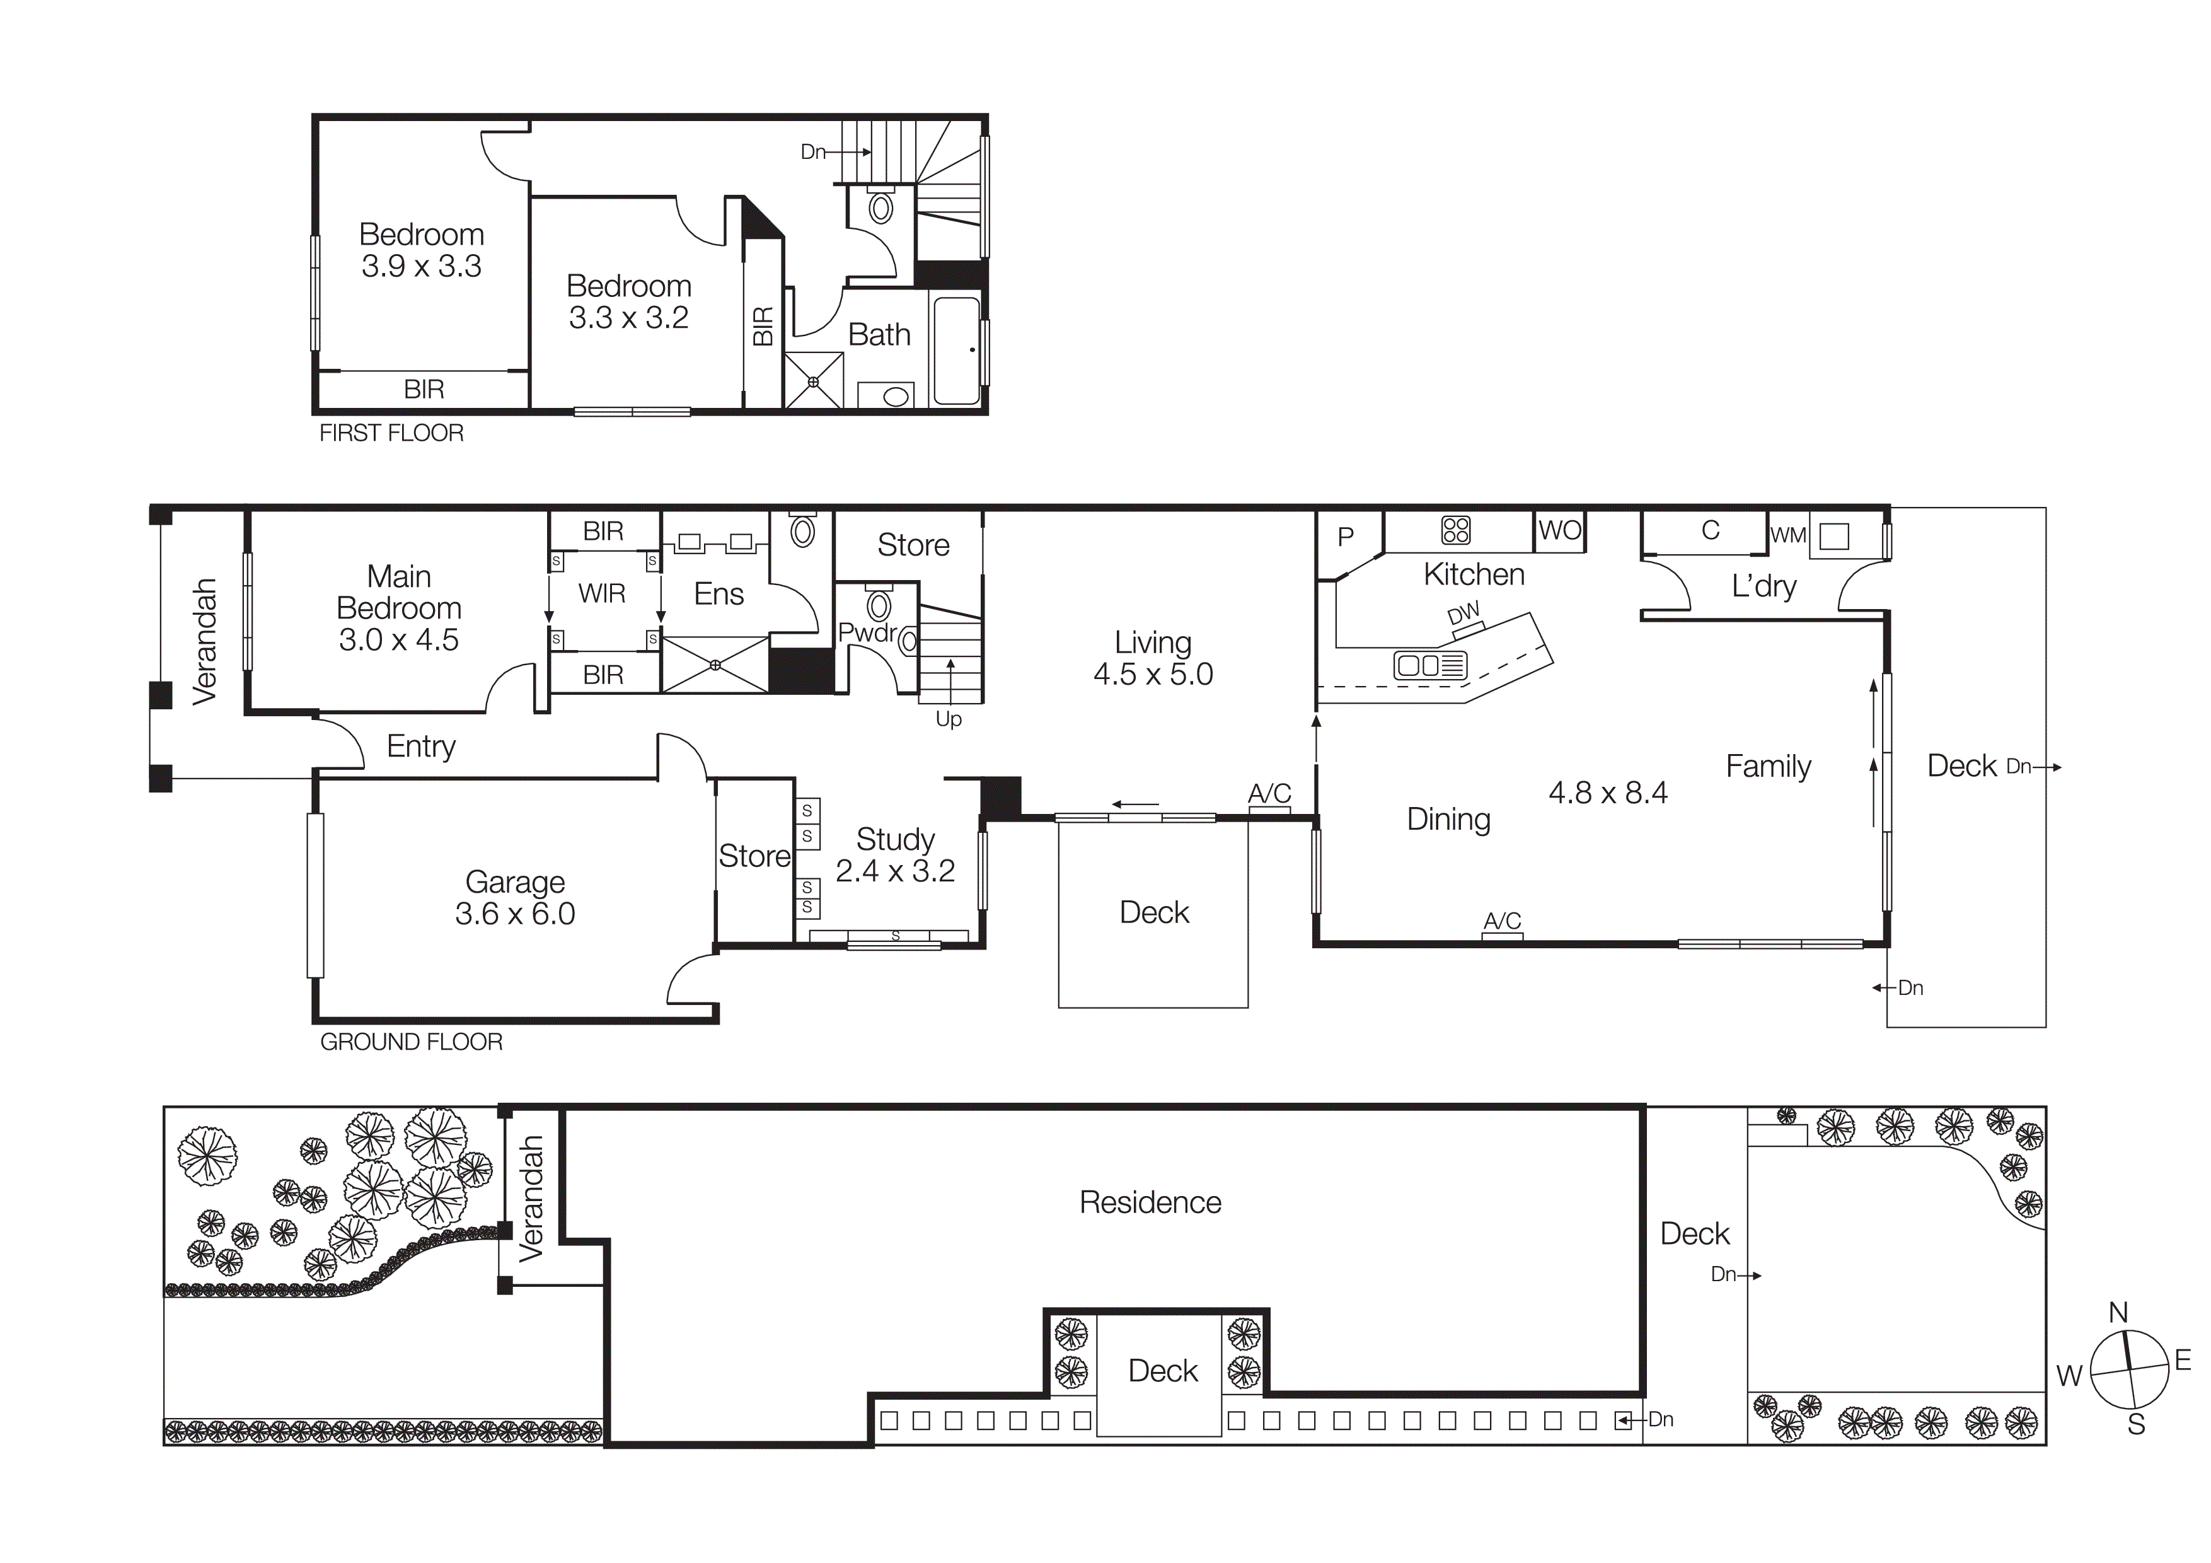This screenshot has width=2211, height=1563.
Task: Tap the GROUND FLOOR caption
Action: pyautogui.click(x=411, y=1042)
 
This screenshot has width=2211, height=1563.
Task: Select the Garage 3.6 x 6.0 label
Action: pyautogui.click(x=515, y=898)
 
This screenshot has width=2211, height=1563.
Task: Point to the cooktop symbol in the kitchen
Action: pyautogui.click(x=1455, y=530)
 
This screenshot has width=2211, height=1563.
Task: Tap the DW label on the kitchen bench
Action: pyautogui.click(x=1463, y=613)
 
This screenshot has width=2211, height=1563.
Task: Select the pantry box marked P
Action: pyautogui.click(x=1346, y=537)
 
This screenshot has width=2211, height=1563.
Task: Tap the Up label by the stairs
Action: pyautogui.click(x=949, y=719)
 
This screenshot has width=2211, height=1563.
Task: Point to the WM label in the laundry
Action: pyautogui.click(x=1788, y=535)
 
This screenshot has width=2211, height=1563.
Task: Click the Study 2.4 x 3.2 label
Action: pyautogui.click(x=894, y=855)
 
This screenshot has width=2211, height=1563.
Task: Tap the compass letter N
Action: pyautogui.click(x=2118, y=1313)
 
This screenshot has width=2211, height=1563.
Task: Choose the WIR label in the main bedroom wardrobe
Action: pyautogui.click(x=602, y=593)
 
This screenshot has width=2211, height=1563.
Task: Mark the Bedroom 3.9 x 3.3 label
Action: pyautogui.click(x=421, y=250)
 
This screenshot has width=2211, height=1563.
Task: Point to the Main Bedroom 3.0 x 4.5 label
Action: pyautogui.click(x=399, y=608)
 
